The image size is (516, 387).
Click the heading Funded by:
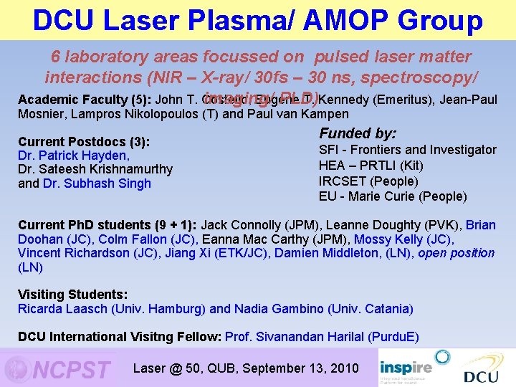tap(358, 133)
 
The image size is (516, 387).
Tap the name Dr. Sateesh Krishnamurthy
tap(95, 169)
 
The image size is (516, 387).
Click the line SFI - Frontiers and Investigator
tap(407, 150)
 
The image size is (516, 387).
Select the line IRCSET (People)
tap(368, 181)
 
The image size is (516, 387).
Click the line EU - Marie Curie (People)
tap(392, 196)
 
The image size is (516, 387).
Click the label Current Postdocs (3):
tap(83, 142)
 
